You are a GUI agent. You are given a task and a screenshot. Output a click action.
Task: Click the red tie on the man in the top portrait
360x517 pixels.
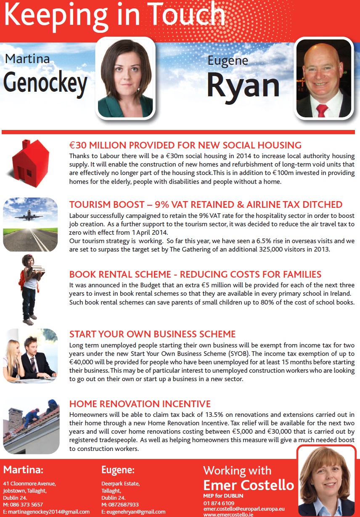(322, 110)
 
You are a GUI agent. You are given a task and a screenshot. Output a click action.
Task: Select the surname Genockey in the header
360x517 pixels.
(45, 82)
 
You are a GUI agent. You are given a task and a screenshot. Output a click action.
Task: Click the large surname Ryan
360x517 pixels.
(243, 84)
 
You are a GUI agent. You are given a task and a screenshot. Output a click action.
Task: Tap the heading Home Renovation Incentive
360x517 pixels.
(140, 404)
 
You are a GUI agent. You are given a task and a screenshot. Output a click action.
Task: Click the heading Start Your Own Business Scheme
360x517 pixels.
(152, 334)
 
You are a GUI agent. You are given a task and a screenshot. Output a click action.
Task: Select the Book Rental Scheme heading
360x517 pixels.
(195, 274)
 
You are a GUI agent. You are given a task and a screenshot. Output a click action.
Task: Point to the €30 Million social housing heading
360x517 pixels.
(185, 146)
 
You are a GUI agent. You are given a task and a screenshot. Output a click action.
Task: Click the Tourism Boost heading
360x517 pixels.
(206, 204)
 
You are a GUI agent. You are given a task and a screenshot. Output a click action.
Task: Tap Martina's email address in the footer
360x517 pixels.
(46, 512)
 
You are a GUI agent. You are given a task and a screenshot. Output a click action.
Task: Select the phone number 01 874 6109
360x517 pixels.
(219, 503)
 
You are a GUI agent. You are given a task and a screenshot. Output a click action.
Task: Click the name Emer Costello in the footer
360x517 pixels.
(249, 485)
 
